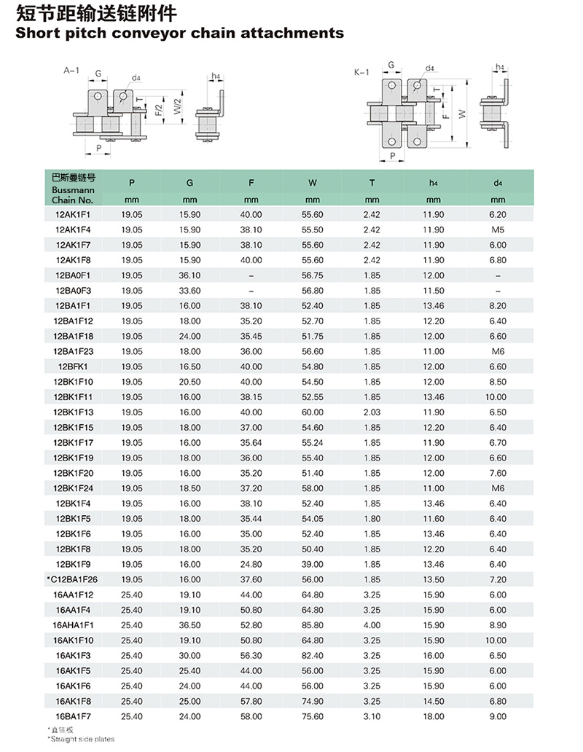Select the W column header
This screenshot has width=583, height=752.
pos(313,182)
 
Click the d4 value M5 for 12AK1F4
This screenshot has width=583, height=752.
pos(498,230)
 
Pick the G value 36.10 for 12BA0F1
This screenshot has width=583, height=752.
pos(189,275)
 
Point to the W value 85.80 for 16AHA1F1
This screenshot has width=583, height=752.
pos(313,625)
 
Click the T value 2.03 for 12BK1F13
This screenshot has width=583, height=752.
pos(372,412)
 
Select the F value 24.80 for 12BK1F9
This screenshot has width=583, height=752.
pos(251,564)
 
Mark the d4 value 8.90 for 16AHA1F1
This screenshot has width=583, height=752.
pos(498,625)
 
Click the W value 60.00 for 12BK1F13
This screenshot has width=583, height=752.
pos(313,412)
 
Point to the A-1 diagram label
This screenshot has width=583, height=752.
pos(71,71)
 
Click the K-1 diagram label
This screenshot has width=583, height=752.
pos(362,73)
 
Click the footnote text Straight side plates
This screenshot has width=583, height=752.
pos(82,739)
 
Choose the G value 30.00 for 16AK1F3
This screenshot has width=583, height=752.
pos(189,656)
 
